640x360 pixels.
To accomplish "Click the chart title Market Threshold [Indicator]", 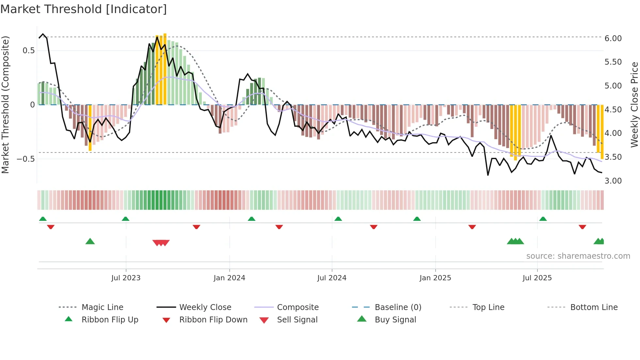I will point(84,9).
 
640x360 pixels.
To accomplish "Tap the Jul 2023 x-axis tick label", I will point(126,278).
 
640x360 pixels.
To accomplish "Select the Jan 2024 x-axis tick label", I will point(229,278).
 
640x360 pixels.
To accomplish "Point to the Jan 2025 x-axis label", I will point(435,278).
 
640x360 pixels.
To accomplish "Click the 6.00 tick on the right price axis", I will point(613,39).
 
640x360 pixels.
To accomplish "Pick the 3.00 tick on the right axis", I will point(613,181).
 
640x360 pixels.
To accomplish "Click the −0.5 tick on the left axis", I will point(25,159).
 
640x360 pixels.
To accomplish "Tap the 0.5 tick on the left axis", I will point(28,51).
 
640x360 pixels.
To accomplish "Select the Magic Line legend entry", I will point(102,307).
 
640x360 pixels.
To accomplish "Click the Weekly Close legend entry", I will point(205,307).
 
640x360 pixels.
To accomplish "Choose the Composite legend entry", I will point(298,307).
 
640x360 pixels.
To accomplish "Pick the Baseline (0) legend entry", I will point(398,307).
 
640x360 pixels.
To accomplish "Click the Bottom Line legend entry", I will point(594,307).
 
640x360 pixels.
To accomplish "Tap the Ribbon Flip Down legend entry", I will point(213,320).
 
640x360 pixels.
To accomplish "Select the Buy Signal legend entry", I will point(395,320).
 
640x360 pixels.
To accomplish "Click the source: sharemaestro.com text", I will point(578,256).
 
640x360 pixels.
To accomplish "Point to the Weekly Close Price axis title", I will point(634,105).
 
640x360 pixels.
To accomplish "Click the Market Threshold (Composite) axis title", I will point(5,105).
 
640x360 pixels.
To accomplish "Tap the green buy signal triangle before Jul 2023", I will point(90,241).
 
